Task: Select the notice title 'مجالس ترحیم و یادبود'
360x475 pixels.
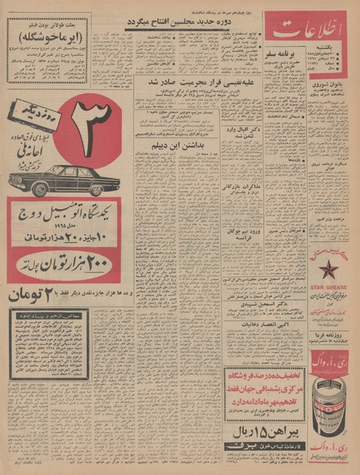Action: [x=50, y=316]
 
